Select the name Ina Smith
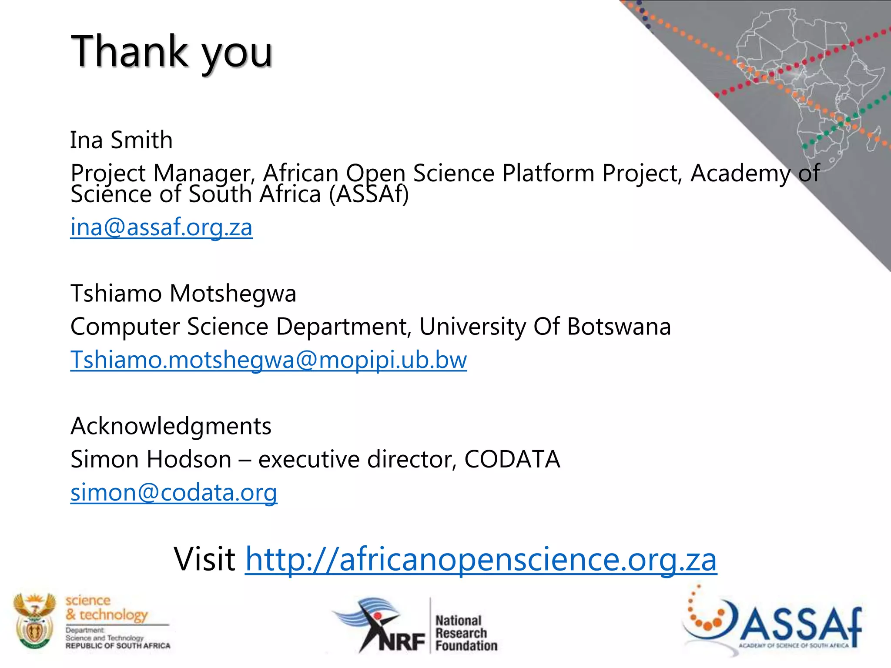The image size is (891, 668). pyautogui.click(x=121, y=140)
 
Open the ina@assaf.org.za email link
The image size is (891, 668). pyautogui.click(x=161, y=227)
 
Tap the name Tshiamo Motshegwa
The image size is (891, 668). pyautogui.click(x=183, y=293)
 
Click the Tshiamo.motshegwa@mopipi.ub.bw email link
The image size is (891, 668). pyautogui.click(x=268, y=360)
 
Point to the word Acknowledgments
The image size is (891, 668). pyautogui.click(x=171, y=426)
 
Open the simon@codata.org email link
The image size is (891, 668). pyautogui.click(x=174, y=493)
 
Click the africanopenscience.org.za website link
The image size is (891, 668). pyautogui.click(x=481, y=559)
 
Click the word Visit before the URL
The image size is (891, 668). pyautogui.click(x=204, y=559)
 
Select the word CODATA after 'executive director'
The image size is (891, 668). pyautogui.click(x=512, y=459)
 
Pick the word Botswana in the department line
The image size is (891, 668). pyautogui.click(x=619, y=327)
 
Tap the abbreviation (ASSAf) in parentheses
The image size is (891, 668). pyautogui.click(x=369, y=194)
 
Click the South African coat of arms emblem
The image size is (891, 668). pyautogui.click(x=34, y=621)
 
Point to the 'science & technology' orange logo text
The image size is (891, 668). pyautogui.click(x=107, y=608)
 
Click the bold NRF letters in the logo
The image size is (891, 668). pyautogui.click(x=401, y=641)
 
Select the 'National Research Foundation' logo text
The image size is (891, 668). pyautogui.click(x=466, y=633)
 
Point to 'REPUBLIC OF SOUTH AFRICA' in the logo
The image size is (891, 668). pyautogui.click(x=118, y=646)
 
